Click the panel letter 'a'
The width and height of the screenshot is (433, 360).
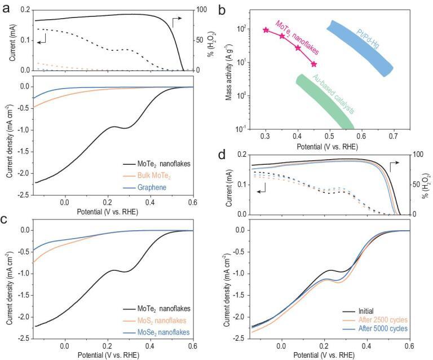pyautogui.click(x=6, y=7)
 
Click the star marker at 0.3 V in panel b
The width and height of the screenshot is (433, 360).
pyautogui.click(x=266, y=30)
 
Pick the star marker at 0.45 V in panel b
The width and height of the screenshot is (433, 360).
pyautogui.click(x=314, y=64)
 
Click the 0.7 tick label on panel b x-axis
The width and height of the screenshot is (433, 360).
pyautogui.click(x=392, y=137)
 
